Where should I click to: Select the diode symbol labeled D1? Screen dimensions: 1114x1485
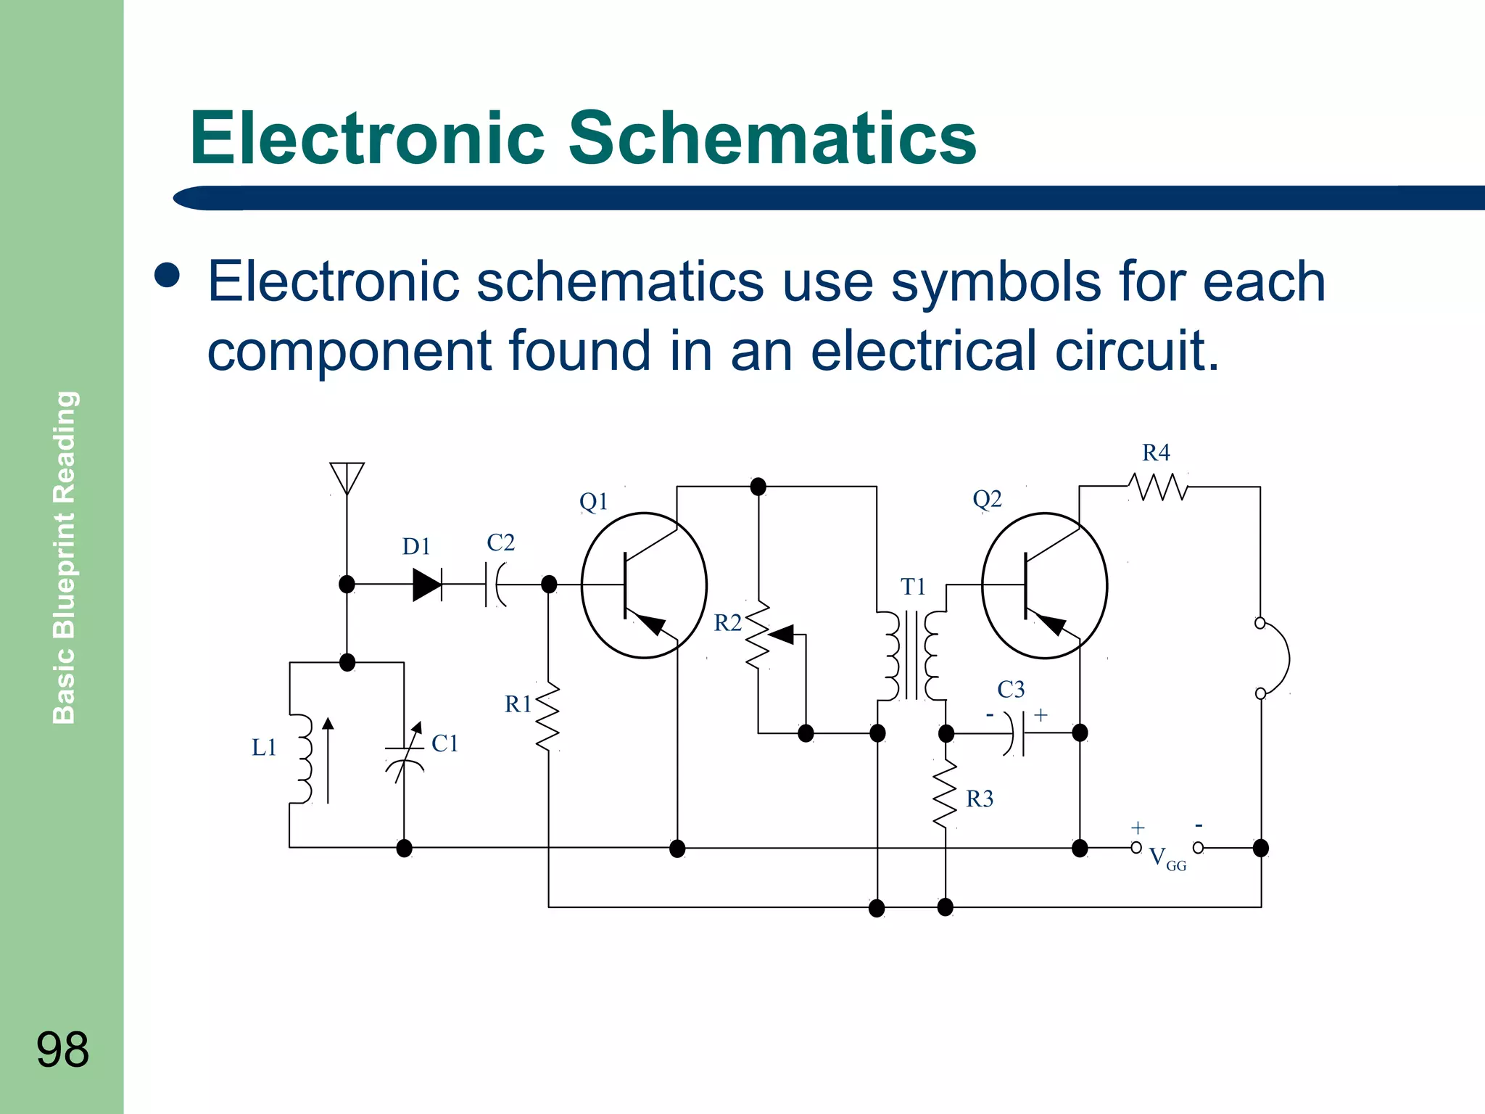pos(427,585)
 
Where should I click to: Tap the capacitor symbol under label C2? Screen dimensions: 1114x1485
pos(495,585)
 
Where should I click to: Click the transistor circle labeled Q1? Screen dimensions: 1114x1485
pos(644,585)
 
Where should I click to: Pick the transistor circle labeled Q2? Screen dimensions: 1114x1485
pos(1044,585)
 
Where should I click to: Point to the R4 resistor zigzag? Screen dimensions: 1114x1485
pos(1159,487)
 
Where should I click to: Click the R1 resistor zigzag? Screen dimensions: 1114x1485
pos(548,717)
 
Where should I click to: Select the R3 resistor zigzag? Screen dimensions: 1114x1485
pos(945,794)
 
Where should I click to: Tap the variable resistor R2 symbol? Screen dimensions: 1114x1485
pos(759,635)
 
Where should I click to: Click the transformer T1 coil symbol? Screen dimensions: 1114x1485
pos(912,656)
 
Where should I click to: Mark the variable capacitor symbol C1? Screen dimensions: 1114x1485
pos(405,754)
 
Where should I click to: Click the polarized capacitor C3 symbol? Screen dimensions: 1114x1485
pos(1015,733)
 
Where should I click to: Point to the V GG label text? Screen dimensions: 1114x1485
pos(1167,858)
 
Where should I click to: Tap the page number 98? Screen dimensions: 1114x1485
pos(62,1049)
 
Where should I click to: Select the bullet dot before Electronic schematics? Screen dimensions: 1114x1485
pos(167,276)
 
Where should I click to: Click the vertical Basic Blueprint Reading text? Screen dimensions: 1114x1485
pos(65,557)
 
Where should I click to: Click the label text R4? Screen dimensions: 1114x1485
pos(1156,453)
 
